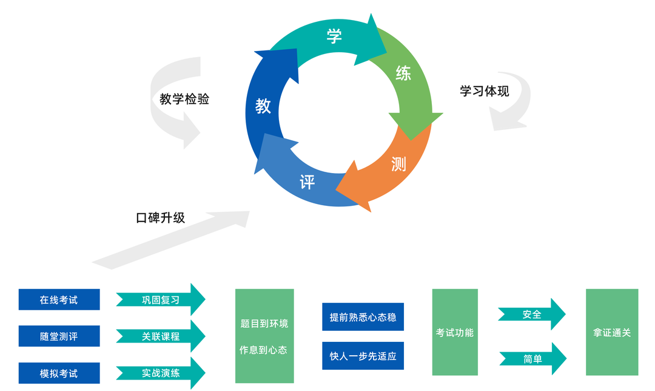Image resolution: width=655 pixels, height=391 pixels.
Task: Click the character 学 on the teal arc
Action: pos(334,36)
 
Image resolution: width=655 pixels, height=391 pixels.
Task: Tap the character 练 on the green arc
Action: pos(403,73)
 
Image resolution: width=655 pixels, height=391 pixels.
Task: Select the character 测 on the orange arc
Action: pos(398,163)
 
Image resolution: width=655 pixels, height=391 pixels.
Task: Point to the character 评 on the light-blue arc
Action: pos(307,182)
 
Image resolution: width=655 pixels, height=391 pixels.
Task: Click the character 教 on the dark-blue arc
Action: pos(263,106)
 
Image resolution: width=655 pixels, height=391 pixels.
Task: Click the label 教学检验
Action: pos(184,99)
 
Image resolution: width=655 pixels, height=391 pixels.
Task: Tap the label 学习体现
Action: pos(484,92)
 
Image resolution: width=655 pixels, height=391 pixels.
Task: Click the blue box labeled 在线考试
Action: pos(59,299)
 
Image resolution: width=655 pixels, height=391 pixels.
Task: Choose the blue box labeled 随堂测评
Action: pos(59,336)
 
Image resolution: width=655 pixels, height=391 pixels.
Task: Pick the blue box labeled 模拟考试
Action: pos(59,373)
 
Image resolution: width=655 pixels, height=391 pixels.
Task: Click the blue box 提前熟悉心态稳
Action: pos(363,317)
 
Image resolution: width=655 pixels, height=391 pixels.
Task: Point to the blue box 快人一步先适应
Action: pos(363,356)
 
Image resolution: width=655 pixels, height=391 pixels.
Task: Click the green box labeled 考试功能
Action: pos(455,332)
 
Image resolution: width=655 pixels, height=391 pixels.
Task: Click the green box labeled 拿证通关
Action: pos(612,332)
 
